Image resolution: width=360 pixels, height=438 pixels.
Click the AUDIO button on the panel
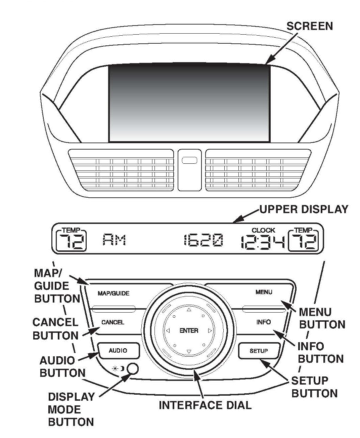(x=118, y=351)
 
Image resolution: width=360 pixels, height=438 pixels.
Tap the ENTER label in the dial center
(x=189, y=331)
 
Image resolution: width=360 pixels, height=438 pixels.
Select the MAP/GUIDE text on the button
(x=114, y=293)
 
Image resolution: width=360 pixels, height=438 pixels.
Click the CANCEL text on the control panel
(x=113, y=322)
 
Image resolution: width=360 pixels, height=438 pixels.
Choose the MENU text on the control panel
(x=264, y=292)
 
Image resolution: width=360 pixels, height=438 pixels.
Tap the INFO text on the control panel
(x=264, y=322)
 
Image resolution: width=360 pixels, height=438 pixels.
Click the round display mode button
(x=133, y=369)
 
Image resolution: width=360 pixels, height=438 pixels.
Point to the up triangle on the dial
(x=189, y=310)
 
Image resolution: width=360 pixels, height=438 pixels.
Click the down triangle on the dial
(x=189, y=352)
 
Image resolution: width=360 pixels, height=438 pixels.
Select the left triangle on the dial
(x=168, y=331)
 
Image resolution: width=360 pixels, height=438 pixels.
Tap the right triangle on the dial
(x=210, y=331)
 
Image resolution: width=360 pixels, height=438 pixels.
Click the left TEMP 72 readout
(x=71, y=241)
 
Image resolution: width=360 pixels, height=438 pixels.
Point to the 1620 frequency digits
(x=203, y=241)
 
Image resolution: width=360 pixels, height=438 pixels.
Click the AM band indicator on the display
(x=114, y=240)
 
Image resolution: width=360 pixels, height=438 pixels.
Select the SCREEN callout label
(x=309, y=26)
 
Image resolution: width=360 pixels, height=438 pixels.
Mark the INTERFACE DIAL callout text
(x=205, y=405)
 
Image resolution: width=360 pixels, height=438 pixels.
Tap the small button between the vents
(x=189, y=160)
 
